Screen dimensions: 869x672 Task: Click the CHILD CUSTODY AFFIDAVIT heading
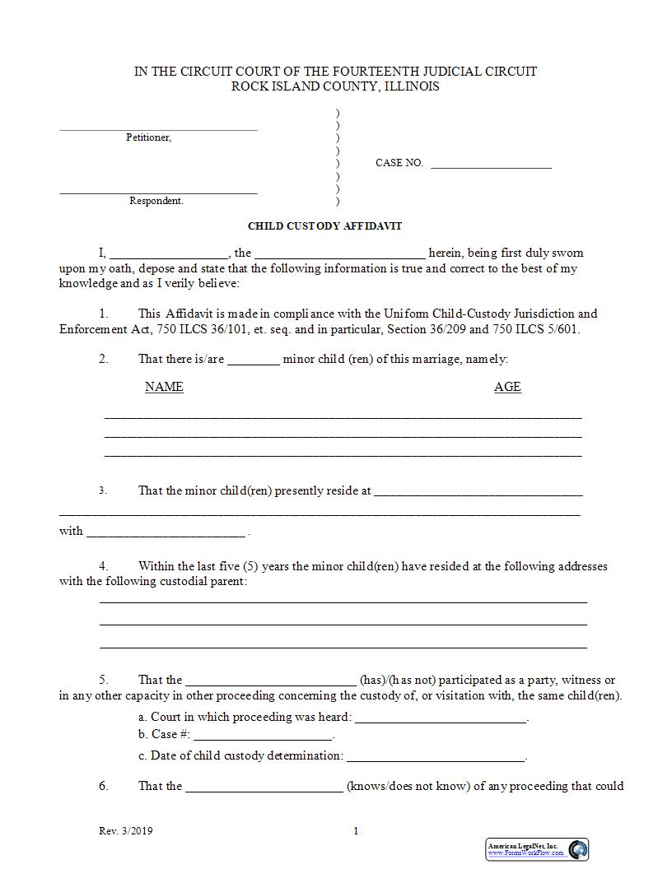[x=324, y=225]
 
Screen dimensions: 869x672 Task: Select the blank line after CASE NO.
[x=491, y=166]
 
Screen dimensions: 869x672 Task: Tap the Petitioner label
[x=148, y=137]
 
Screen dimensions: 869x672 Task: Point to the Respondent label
[x=156, y=201]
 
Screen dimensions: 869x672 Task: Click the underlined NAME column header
[x=164, y=387]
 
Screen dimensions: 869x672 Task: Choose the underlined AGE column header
[x=507, y=387]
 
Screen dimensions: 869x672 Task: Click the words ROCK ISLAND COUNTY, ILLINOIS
[x=335, y=86]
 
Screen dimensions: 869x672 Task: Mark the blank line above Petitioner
[x=158, y=128]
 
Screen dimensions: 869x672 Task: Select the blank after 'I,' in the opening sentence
[x=169, y=256]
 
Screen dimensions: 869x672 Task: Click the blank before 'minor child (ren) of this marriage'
[x=254, y=362]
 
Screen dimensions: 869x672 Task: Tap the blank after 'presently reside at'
[x=478, y=494]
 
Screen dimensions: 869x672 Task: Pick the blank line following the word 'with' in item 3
[x=166, y=535]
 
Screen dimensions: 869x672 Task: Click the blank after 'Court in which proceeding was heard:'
[x=441, y=720]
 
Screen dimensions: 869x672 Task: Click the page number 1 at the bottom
[x=356, y=831]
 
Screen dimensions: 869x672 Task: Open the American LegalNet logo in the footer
[x=536, y=849]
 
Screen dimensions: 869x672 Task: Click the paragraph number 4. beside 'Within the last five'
[x=104, y=566]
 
